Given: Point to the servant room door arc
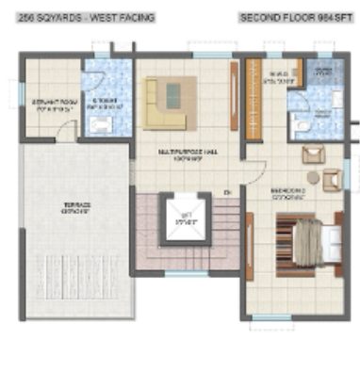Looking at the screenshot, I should click(x=64, y=130).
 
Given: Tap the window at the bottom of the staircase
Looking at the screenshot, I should click(x=184, y=272).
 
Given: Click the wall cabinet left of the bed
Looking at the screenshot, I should click(x=251, y=245).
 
